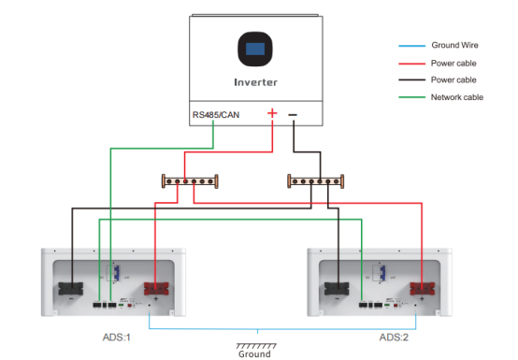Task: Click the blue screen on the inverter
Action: (255, 49)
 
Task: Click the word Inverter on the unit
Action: (255, 82)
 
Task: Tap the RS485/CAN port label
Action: (216, 115)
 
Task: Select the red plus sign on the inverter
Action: (272, 113)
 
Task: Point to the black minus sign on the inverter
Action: (293, 115)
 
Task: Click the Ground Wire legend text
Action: (455, 45)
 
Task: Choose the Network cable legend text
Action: (457, 97)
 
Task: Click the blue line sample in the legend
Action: (411, 46)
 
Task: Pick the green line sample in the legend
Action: (411, 97)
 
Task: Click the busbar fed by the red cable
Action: (190, 181)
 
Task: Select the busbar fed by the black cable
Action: (316, 181)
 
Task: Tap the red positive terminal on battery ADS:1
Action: (156, 289)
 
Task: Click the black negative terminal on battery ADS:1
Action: (71, 289)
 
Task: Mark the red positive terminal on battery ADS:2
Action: (423, 289)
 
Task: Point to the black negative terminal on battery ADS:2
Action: (337, 289)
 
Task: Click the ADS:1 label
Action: (117, 338)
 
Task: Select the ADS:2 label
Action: (394, 338)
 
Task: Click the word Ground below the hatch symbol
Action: (254, 354)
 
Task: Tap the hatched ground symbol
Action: (256, 346)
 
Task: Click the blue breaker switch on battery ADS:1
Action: (116, 273)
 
